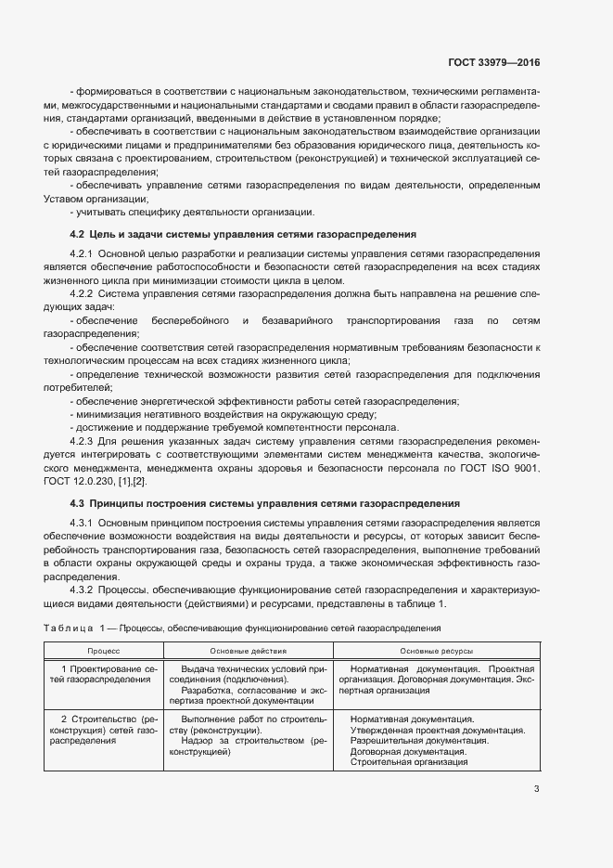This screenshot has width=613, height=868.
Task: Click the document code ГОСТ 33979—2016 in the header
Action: (x=492, y=63)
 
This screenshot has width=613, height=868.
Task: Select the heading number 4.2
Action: (x=77, y=234)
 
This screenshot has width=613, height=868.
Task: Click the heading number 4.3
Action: (x=77, y=503)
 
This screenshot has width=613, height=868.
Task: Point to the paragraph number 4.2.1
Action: (x=83, y=253)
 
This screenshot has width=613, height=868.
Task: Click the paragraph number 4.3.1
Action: (x=83, y=523)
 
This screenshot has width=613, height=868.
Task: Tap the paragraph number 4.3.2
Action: (x=83, y=589)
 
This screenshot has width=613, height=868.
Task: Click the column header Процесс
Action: (x=104, y=652)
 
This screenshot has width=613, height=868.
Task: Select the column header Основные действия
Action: (x=248, y=652)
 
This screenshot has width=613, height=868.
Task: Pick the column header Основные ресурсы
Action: (x=436, y=652)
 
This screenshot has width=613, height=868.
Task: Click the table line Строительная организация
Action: (x=409, y=762)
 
